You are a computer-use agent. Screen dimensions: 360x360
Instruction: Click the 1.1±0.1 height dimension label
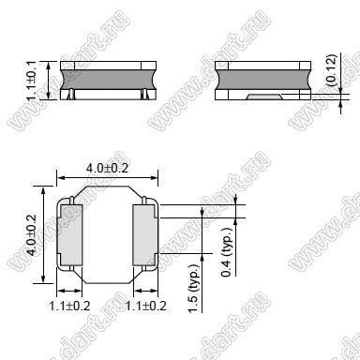point(32,81)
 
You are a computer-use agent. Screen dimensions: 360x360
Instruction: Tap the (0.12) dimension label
point(331,69)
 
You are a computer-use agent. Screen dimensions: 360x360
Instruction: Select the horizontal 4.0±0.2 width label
point(107,168)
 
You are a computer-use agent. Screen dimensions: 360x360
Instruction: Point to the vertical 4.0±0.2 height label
point(32,234)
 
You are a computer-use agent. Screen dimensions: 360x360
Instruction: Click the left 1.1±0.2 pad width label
point(69,306)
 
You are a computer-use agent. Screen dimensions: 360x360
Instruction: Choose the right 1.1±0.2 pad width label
point(145,306)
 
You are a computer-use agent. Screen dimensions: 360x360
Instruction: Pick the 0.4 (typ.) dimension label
point(227,252)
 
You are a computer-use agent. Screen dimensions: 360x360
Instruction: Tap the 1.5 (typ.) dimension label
point(194,288)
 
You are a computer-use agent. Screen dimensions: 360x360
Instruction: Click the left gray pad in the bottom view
point(71,235)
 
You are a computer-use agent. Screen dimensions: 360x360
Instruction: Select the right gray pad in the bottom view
point(144,235)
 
